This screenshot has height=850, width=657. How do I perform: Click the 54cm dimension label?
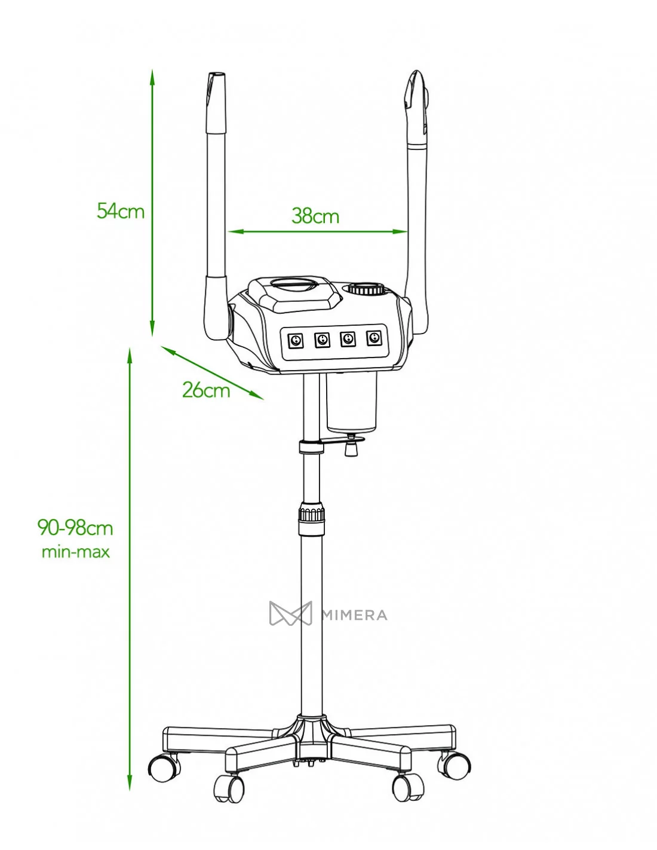121,211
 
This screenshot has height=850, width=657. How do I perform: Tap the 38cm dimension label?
315,216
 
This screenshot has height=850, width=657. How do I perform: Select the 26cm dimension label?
206,390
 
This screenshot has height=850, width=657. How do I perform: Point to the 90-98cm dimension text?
75,528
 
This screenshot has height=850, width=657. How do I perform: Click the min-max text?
76,552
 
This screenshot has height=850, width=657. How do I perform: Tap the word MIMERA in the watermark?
354,615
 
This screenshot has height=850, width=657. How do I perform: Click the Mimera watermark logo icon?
290,613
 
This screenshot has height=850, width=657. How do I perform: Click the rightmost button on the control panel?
374,338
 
